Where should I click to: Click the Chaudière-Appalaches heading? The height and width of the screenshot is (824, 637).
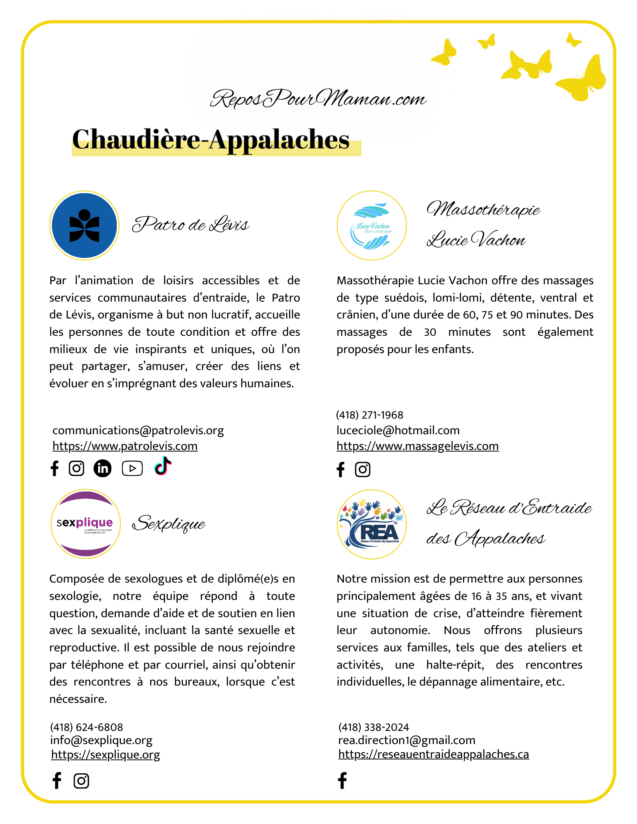click(x=211, y=140)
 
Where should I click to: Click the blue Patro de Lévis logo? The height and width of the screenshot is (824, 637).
click(x=85, y=225)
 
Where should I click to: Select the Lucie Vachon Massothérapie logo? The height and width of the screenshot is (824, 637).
click(x=371, y=225)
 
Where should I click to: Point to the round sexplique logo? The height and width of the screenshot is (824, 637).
click(x=85, y=524)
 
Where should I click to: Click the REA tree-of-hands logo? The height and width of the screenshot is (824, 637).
click(x=371, y=524)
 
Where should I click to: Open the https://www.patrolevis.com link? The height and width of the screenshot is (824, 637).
click(x=125, y=446)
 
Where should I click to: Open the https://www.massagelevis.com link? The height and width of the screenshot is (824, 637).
click(x=417, y=446)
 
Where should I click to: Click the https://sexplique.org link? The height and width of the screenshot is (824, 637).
click(x=106, y=754)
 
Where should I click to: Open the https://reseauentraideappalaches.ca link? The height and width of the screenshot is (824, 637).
click(x=433, y=754)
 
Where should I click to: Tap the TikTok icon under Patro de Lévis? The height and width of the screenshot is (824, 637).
click(x=163, y=466)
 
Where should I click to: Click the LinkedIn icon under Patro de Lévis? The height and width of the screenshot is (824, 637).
click(x=103, y=468)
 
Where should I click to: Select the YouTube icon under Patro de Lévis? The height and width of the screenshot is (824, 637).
click(x=132, y=468)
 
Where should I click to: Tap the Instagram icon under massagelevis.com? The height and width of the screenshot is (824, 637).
click(x=362, y=470)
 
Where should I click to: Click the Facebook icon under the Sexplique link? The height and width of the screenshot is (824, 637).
click(x=57, y=781)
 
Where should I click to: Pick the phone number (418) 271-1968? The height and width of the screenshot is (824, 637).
click(x=369, y=415)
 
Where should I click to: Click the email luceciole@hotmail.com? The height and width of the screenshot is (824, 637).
click(x=398, y=431)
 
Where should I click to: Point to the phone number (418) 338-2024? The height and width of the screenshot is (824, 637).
click(x=374, y=727)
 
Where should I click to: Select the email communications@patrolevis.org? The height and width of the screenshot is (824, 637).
click(x=138, y=431)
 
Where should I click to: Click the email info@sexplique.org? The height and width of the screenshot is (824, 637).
click(x=101, y=740)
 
